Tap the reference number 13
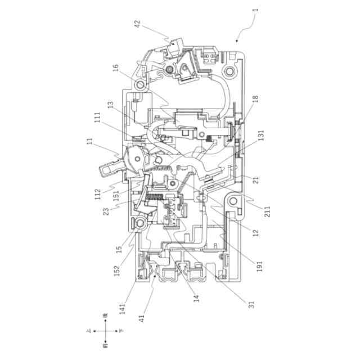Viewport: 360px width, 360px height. pyautogui.click(x=110, y=105)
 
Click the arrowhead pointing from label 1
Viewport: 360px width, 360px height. pyautogui.click(x=237, y=41)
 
